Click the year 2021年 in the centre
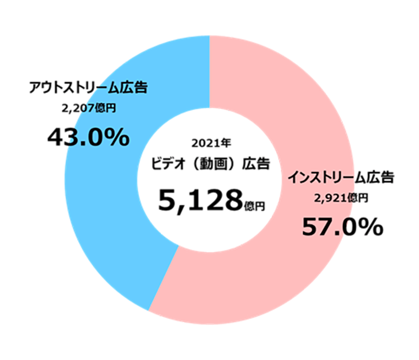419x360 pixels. (x=209, y=142)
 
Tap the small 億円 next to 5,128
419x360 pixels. (x=254, y=205)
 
